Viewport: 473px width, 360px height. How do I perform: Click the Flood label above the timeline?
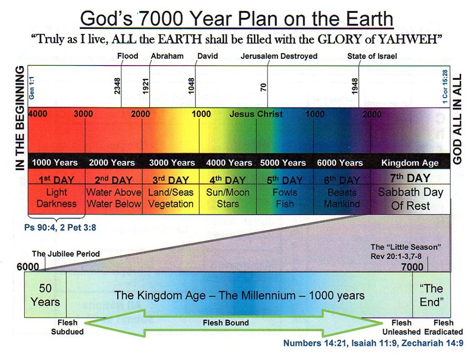(x=128, y=56)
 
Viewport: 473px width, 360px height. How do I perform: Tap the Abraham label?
(x=167, y=56)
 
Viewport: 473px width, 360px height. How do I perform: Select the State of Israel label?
(x=372, y=56)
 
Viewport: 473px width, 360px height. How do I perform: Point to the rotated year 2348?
(x=117, y=87)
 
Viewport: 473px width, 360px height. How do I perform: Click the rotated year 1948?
(x=355, y=87)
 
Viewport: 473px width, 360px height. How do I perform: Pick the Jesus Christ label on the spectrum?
(x=256, y=114)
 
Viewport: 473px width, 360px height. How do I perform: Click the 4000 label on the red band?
(x=38, y=114)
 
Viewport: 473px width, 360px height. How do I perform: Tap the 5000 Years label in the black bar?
(x=283, y=162)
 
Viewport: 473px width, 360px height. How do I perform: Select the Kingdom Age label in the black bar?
(x=410, y=162)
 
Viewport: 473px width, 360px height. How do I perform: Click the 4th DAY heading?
(x=228, y=180)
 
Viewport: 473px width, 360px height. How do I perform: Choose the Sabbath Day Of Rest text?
(x=410, y=198)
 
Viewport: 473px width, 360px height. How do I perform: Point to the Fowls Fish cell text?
(x=285, y=198)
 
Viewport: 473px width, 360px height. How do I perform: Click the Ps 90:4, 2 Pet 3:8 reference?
(x=61, y=227)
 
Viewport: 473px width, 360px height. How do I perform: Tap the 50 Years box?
(x=45, y=295)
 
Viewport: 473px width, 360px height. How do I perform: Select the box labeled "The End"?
(x=431, y=295)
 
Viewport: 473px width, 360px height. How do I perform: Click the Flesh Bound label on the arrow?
(x=226, y=323)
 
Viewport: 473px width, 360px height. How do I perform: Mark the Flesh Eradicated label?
(x=443, y=327)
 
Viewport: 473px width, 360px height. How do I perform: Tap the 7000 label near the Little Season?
(x=412, y=267)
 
